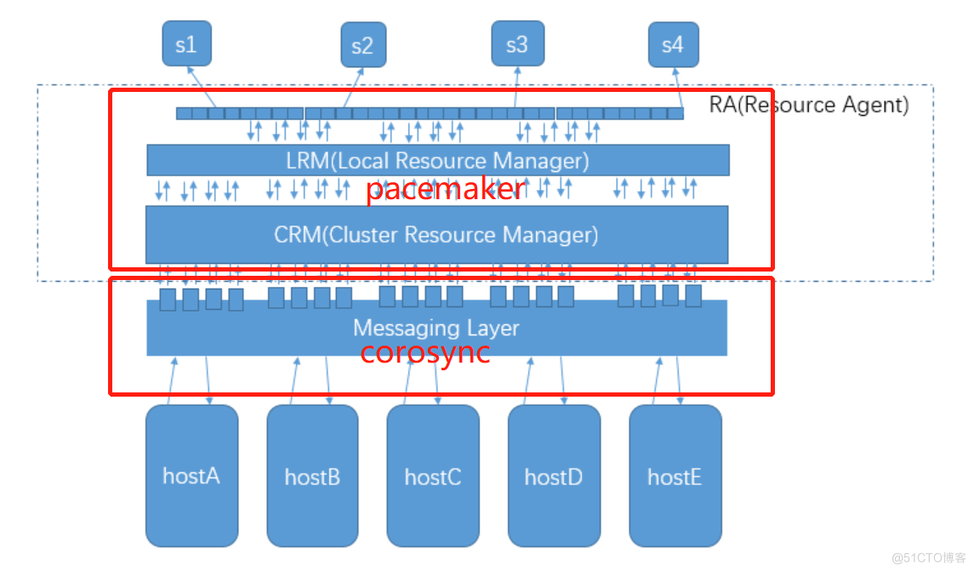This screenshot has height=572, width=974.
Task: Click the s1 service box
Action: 186,44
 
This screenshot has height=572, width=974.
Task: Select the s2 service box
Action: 363,45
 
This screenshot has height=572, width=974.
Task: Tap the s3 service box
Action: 516,44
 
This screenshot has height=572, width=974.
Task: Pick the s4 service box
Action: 672,44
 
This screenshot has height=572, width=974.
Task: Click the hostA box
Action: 191,475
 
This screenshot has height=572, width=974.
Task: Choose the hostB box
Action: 312,476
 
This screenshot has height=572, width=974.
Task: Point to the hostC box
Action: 433,476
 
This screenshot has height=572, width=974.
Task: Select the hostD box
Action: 554,476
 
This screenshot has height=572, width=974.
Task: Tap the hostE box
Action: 675,476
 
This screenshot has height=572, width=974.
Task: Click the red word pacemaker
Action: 445,189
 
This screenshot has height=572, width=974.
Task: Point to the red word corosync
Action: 424,352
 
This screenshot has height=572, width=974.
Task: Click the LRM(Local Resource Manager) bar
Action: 437,160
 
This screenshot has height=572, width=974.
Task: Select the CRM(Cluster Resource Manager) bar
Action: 436,234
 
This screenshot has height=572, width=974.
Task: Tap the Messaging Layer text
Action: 436,328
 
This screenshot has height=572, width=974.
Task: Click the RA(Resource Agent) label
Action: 808,105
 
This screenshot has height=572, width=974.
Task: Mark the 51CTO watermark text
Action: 930,558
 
